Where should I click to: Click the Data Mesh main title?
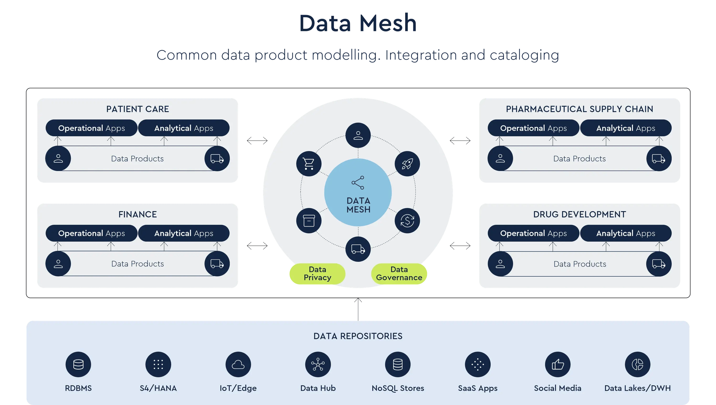pos(358,23)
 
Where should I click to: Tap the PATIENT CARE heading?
pos(137,109)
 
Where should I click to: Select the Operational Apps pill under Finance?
pos(91,233)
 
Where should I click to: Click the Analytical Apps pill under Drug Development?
pos(626,233)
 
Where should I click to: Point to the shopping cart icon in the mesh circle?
pos(309,164)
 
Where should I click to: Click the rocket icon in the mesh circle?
pos(407,164)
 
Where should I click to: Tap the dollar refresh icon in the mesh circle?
pos(407,221)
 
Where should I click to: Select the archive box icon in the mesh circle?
pos(309,221)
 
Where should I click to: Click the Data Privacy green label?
pos(317,274)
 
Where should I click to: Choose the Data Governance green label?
pos(399,274)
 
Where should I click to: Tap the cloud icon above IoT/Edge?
pos(238,364)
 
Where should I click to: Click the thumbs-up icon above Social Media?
pos(558,364)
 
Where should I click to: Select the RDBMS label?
pos(78,388)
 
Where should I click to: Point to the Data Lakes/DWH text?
pos(637,388)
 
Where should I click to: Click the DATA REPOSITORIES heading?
pos(358,336)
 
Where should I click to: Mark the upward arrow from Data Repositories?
pos(358,309)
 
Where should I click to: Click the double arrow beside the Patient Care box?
pos(257,141)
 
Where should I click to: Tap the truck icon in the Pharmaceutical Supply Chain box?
pos(659,159)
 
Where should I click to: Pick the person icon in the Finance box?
pos(58,264)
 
